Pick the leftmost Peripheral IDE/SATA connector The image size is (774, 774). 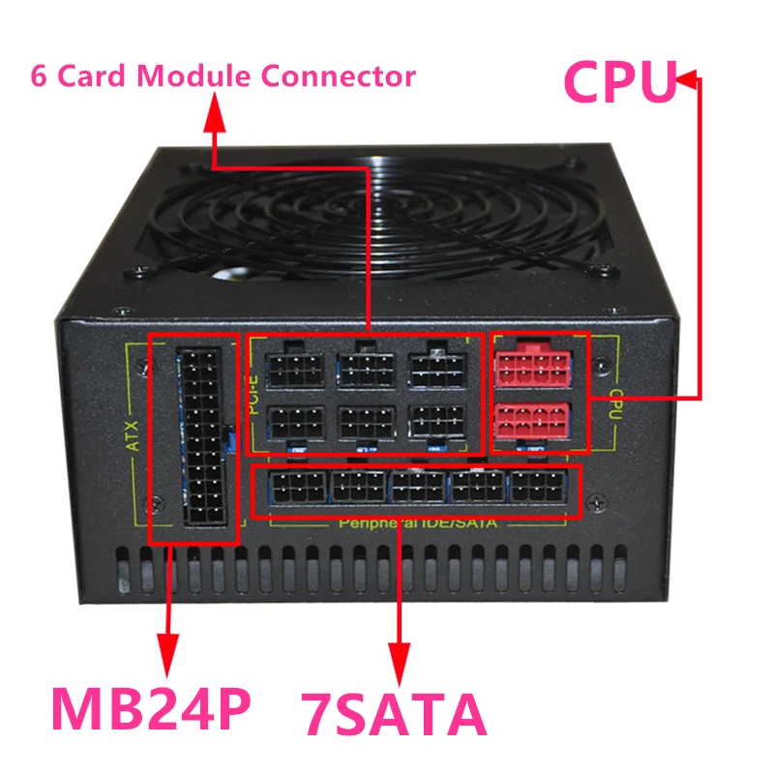[x=290, y=487]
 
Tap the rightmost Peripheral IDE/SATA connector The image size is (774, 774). [x=539, y=487]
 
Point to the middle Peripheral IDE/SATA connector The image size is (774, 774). [x=416, y=487]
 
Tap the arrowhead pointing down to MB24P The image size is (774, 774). [x=169, y=645]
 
